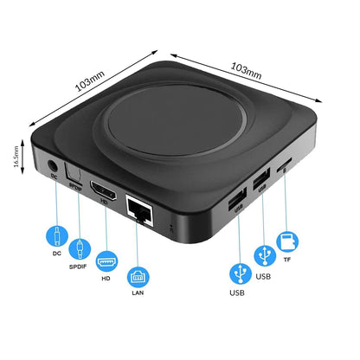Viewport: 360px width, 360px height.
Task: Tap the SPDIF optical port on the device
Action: pos(76,179)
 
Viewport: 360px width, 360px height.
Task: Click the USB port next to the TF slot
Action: pos(260,181)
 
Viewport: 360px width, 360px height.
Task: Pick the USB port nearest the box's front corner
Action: pos(232,202)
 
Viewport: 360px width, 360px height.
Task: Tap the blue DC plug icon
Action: pos(57,237)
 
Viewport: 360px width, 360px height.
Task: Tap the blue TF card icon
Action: pos(286,239)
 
